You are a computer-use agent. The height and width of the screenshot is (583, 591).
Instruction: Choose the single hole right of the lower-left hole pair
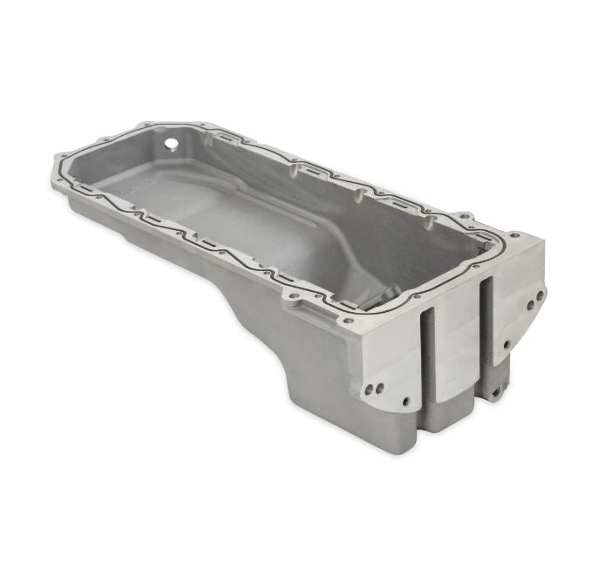(406, 402)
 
